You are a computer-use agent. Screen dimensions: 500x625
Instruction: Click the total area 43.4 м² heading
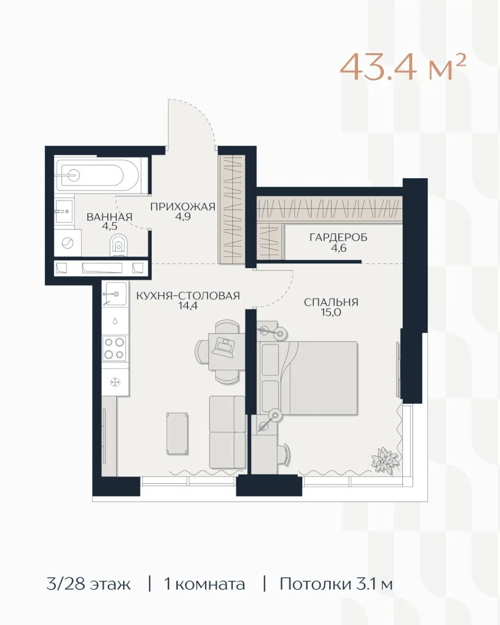pyautogui.click(x=403, y=68)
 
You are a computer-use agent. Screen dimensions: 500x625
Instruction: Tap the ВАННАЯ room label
pyautogui.click(x=109, y=217)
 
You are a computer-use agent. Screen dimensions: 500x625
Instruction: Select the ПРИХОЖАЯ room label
pyautogui.click(x=183, y=207)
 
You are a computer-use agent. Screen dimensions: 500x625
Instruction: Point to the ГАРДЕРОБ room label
pyautogui.click(x=338, y=238)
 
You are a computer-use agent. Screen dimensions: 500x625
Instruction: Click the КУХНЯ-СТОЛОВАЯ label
pyautogui.click(x=188, y=296)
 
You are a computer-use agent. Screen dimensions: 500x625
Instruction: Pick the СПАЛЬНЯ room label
pyautogui.click(x=331, y=302)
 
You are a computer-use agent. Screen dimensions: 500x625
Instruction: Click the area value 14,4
pyautogui.click(x=188, y=306)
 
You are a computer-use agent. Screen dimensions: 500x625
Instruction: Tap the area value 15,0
pyautogui.click(x=331, y=312)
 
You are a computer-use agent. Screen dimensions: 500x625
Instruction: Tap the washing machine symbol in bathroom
pyautogui.click(x=68, y=243)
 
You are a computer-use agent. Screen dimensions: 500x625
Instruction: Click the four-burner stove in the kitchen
pyautogui.click(x=115, y=348)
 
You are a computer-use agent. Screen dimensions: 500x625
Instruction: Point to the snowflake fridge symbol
pyautogui.click(x=115, y=382)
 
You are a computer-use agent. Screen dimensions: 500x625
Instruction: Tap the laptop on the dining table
pyautogui.click(x=224, y=347)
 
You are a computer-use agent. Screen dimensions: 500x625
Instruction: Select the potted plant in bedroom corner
pyautogui.click(x=385, y=460)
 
